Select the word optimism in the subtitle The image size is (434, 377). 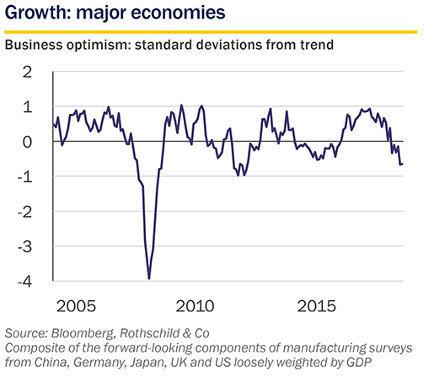click(x=98, y=45)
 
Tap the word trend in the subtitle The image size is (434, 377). click(x=317, y=45)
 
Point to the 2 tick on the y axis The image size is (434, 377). click(x=27, y=73)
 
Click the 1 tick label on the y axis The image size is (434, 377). click(x=28, y=107)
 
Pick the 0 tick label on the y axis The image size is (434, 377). click(x=27, y=142)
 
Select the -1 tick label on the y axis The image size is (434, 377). click(x=25, y=177)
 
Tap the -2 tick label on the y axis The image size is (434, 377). click(x=25, y=212)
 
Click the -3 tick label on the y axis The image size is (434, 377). click(x=25, y=247)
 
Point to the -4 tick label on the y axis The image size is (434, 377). click(x=25, y=282)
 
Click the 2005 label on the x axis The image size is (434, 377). click(x=76, y=306)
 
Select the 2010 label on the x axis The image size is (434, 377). click(x=195, y=306)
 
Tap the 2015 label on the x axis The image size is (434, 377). click(x=316, y=306)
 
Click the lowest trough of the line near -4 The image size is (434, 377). click(x=149, y=278)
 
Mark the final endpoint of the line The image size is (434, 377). click(x=403, y=164)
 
